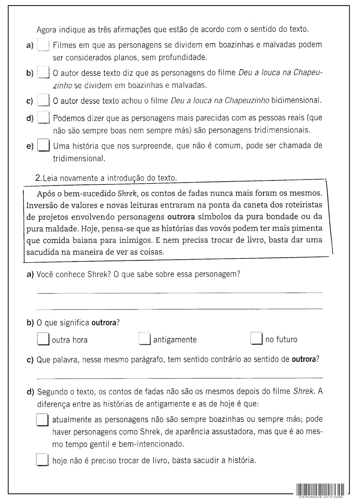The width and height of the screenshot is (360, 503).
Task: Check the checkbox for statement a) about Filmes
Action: click(43, 45)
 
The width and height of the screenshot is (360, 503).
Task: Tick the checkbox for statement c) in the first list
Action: click(43, 100)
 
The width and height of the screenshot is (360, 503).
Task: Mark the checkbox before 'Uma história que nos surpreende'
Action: click(44, 146)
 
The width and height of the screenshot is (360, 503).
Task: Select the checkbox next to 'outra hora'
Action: click(43, 339)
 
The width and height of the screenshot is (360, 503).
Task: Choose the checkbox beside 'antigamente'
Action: click(144, 339)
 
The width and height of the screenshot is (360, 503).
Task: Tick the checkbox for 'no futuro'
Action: click(256, 339)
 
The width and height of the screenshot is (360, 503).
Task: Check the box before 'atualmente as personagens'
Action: click(42, 420)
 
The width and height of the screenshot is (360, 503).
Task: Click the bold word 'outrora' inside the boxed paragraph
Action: click(181, 217)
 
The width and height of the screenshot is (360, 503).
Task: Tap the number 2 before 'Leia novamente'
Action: click(38, 178)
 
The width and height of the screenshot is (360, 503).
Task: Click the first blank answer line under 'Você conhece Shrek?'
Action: click(180, 293)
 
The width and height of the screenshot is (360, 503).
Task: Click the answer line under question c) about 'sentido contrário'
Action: click(180, 378)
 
